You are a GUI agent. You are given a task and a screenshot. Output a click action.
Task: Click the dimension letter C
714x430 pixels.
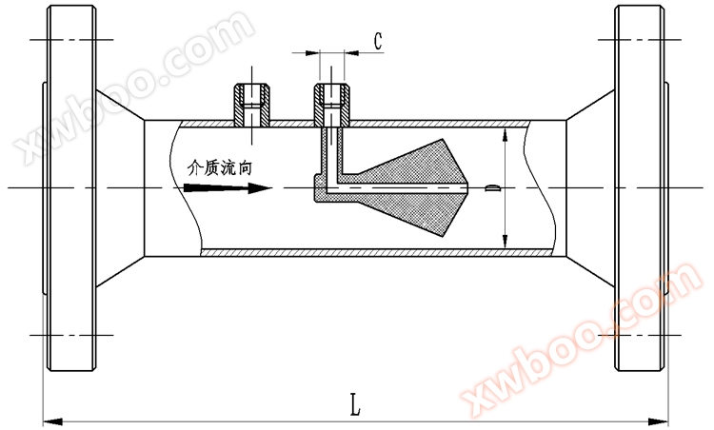coord(378,42)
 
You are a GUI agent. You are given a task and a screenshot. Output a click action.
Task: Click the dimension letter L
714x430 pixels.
coord(355,404)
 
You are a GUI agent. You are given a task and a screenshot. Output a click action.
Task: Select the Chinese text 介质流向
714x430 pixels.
coord(220,167)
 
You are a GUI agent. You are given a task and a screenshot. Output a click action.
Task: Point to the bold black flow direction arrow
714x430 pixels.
coord(228,188)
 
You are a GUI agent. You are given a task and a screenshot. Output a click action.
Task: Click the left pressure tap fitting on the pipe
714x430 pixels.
coord(252,105)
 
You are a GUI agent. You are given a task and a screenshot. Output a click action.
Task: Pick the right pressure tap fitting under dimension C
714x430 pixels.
coord(332,105)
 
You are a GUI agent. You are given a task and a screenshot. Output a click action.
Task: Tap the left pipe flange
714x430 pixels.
coord(71,188)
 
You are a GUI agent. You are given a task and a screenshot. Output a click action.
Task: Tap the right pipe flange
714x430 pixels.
coord(641,188)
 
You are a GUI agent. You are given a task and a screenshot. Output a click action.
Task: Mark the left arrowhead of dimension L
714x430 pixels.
coord(52,421)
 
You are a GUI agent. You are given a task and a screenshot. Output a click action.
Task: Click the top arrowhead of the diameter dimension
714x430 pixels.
coord(505,136)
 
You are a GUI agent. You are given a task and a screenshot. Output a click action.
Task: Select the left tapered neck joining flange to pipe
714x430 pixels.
coord(120,188)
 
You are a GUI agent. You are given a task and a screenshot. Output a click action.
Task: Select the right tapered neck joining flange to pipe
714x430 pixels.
coord(590,188)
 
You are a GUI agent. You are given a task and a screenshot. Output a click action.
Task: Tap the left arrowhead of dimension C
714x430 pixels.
coord(312,53)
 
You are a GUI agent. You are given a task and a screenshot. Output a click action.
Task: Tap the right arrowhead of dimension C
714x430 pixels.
coord(351,53)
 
